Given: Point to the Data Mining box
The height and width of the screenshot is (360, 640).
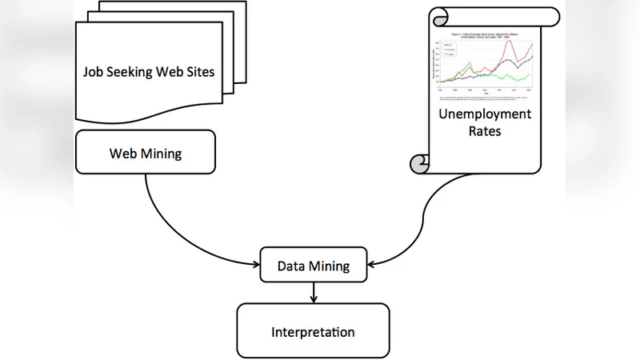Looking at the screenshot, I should (x=313, y=266).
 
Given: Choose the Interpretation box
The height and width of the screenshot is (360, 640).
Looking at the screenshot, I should (x=313, y=331).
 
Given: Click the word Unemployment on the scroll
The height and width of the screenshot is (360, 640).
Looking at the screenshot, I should (x=484, y=114).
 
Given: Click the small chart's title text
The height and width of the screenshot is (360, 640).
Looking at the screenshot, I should (x=483, y=36).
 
